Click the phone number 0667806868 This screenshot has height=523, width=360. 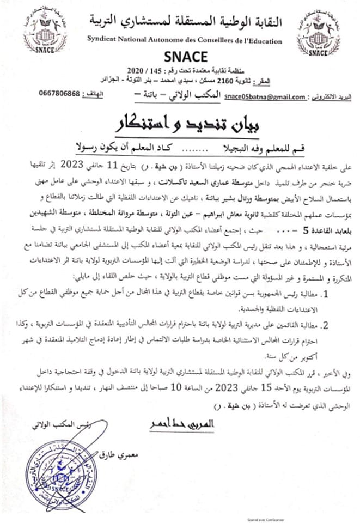(60, 93)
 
